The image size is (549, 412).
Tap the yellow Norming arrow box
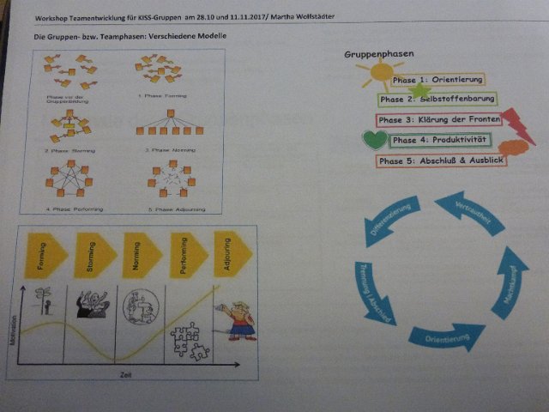click(140, 255)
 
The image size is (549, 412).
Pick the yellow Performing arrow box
click(187, 255)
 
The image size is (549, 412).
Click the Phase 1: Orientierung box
click(437, 80)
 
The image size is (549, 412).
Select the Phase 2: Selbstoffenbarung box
click(436, 100)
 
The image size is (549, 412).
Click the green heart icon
click(375, 139)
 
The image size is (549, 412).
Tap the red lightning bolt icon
click(517, 124)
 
